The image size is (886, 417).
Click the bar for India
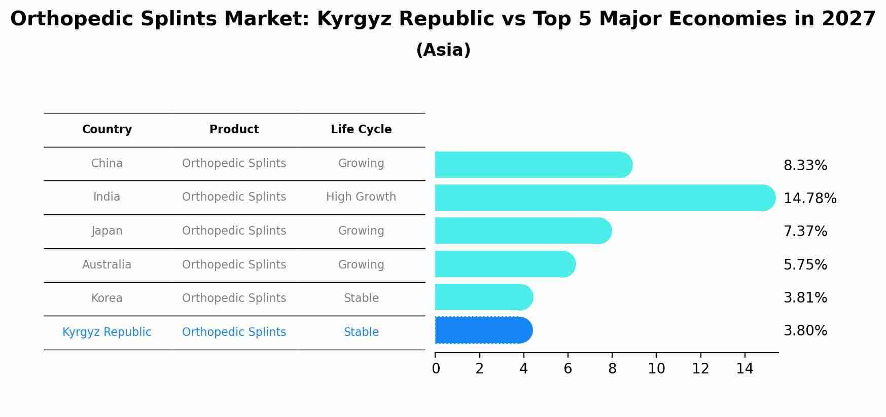pos(604,198)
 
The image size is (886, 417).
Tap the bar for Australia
pos(505,264)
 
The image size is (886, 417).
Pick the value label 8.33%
pos(805,166)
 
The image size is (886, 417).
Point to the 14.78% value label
pos(809,199)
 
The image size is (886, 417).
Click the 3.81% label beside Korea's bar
pos(805,297)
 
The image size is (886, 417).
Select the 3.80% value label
pos(805,331)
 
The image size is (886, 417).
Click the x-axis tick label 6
pos(568,369)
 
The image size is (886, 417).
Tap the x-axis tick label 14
pos(745,369)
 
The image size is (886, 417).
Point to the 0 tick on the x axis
pos(436,369)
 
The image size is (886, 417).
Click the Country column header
pos(107,130)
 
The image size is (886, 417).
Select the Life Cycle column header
pos(361,130)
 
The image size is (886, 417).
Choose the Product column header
pos(234,130)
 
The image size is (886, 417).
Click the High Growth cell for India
pos(361,197)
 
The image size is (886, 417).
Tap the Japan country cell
pos(107,231)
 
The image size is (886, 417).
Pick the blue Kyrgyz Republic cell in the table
pos(107,332)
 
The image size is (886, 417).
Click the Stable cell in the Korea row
pos(361,298)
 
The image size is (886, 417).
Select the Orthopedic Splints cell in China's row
pos(234,164)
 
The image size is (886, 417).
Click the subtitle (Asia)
pos(443,50)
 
